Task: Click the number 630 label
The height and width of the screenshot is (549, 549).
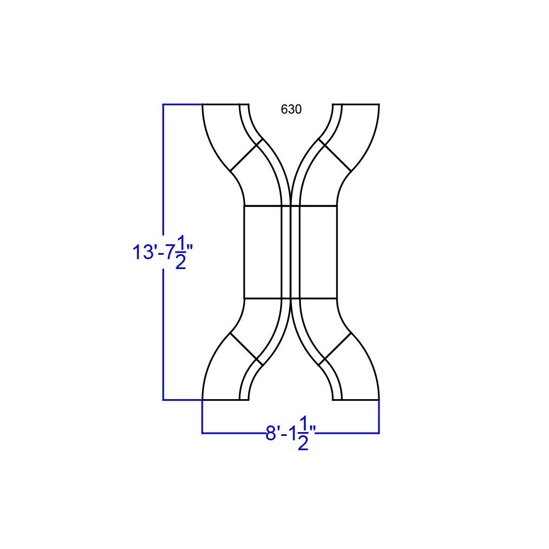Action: (x=291, y=109)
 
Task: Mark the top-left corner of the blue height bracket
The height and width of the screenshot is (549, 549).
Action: (x=164, y=104)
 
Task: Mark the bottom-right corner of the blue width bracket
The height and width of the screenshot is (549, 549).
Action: (x=379, y=433)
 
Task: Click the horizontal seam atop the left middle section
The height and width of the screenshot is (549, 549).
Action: (x=262, y=206)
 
